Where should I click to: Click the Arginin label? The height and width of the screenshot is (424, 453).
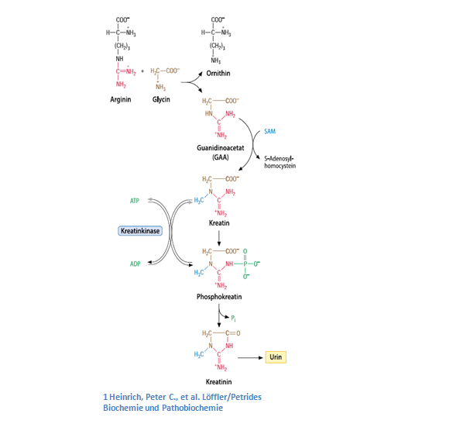(121, 99)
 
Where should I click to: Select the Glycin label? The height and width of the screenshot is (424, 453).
(161, 99)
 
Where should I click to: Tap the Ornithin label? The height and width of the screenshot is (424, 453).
(218, 73)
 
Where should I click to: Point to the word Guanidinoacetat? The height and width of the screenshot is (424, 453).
(221, 148)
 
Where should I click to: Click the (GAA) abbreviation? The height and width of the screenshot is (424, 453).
(221, 157)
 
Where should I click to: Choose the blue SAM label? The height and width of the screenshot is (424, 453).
(269, 131)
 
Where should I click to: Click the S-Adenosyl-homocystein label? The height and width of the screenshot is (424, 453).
(280, 162)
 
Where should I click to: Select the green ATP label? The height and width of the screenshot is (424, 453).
(134, 201)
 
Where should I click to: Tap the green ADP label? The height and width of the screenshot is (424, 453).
(135, 264)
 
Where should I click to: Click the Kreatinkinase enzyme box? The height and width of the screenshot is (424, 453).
(140, 231)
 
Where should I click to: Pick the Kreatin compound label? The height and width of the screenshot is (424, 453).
(219, 223)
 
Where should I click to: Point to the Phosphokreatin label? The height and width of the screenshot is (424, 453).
(219, 297)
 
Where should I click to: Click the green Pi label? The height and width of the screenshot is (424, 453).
(233, 319)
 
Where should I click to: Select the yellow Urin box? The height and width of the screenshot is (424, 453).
(276, 357)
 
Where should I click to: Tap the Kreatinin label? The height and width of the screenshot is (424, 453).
(218, 382)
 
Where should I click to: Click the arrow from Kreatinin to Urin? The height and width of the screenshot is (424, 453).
(250, 358)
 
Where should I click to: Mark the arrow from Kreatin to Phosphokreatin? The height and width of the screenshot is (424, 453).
(219, 238)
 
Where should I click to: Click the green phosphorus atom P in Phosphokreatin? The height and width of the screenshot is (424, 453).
(245, 264)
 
